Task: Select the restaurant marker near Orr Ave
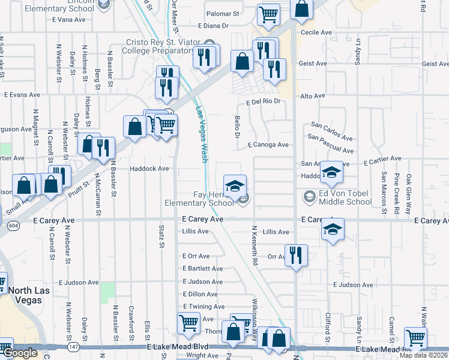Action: click(x=295, y=255)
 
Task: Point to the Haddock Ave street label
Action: click(x=150, y=169)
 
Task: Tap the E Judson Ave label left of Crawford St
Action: click(x=79, y=282)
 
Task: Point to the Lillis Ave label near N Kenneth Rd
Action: click(x=276, y=232)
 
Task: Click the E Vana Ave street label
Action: click(x=69, y=20)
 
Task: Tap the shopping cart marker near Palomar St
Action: click(x=269, y=13)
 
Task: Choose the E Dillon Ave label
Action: click(x=199, y=294)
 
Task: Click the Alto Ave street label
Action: click(x=312, y=96)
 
